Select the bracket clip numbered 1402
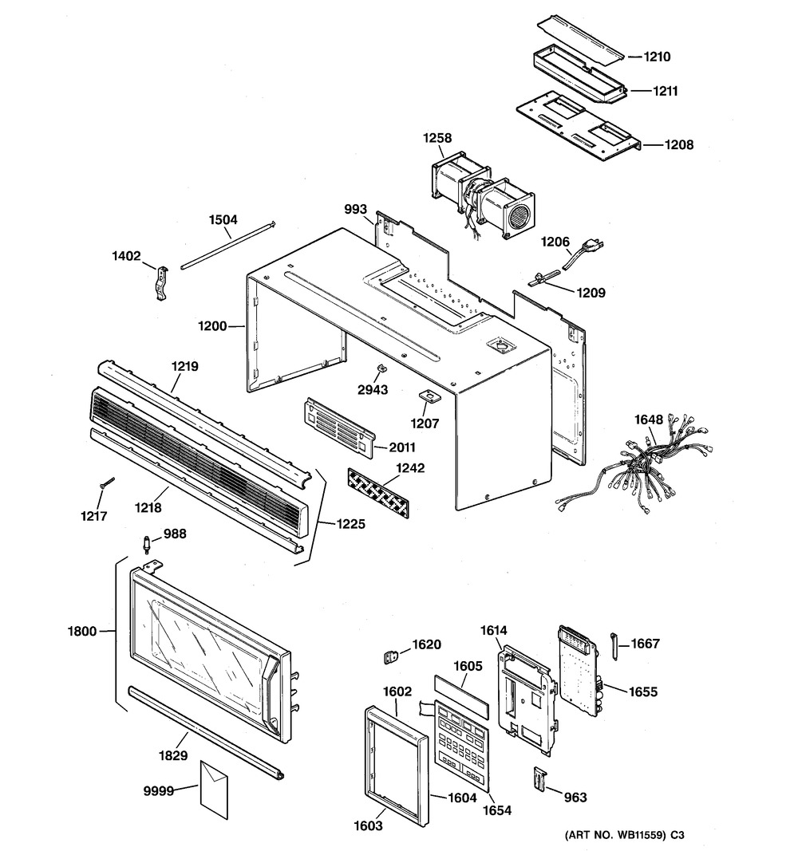tap(163, 283)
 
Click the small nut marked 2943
tap(382, 368)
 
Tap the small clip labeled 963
tap(539, 778)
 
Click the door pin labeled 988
tap(147, 545)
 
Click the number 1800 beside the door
tap(81, 632)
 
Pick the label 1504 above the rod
tap(223, 219)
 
